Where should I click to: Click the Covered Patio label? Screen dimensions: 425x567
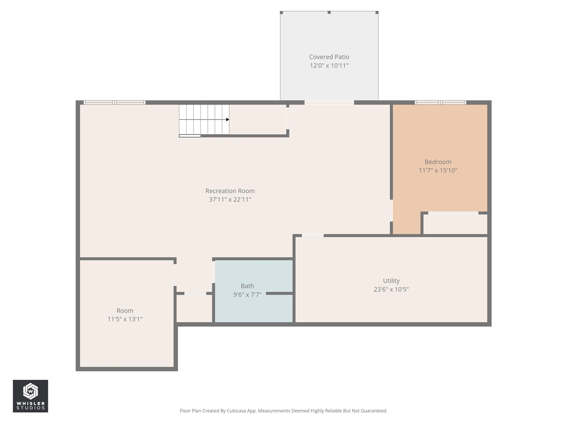coord(329,57)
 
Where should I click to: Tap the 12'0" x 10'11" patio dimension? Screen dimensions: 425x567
coord(329,66)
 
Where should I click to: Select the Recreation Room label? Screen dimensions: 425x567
coord(230,191)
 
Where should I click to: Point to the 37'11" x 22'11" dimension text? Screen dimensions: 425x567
coord(230,200)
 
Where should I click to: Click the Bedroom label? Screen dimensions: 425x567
coord(438,162)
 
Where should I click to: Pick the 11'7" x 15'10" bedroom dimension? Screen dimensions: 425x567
coord(438,170)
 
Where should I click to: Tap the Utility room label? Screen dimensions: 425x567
coord(391,281)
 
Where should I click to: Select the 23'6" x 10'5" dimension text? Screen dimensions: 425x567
coord(391,290)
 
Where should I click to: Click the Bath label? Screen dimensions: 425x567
coord(247,286)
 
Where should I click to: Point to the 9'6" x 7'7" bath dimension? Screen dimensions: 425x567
coord(247,295)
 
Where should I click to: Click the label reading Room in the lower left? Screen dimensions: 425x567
coord(125,311)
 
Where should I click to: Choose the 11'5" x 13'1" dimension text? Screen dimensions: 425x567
coord(125,319)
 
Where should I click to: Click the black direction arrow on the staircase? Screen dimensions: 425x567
coord(227,120)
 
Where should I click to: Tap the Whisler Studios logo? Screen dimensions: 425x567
coord(30,396)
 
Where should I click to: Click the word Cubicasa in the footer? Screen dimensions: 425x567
coord(236,411)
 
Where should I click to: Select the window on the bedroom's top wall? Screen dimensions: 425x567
coord(440,103)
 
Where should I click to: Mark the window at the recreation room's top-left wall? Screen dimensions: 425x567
coord(115,103)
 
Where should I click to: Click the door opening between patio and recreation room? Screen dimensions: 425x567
coord(329,103)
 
